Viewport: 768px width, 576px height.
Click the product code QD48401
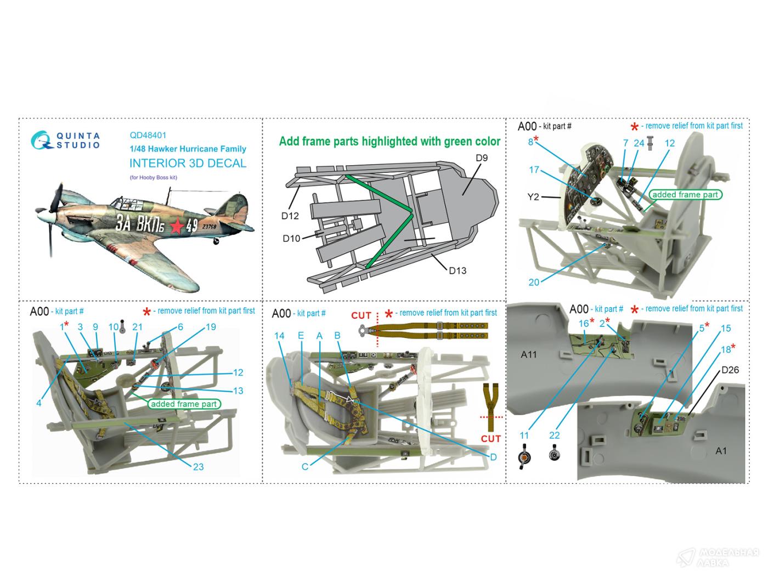click(148, 135)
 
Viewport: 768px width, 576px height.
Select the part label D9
click(481, 158)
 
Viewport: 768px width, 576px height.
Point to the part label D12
click(290, 216)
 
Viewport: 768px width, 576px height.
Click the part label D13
click(457, 270)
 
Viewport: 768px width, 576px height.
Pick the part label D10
click(291, 238)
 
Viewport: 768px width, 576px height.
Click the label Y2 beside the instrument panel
click(533, 197)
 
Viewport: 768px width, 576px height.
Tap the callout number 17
click(534, 170)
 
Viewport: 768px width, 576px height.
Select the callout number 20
click(534, 282)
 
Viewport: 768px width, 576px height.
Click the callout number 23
click(198, 466)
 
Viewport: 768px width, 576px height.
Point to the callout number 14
click(279, 336)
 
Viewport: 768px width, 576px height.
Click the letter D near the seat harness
click(493, 457)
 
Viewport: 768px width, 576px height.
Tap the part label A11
click(528, 354)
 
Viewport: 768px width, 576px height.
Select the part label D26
click(730, 370)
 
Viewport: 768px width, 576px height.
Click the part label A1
click(721, 450)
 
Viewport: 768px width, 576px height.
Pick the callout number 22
click(555, 435)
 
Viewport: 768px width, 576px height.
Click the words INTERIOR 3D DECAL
click(188, 163)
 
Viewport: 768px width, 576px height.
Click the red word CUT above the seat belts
click(361, 315)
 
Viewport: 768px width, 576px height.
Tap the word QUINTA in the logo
click(78, 136)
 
